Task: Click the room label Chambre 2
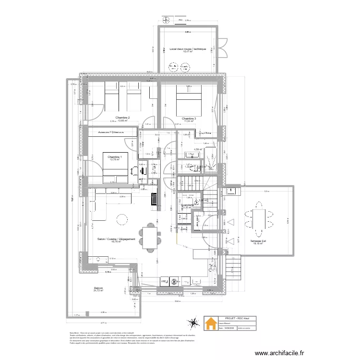pyautogui.click(x=122, y=118)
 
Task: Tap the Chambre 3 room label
pyautogui.click(x=189, y=118)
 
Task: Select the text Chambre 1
pyautogui.click(x=115, y=157)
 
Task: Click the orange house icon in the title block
pyautogui.click(x=210, y=325)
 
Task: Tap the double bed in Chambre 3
pyautogui.click(x=189, y=99)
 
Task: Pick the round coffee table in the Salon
pyautogui.click(x=122, y=219)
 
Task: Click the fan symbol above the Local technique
pyautogui.click(x=167, y=21)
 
